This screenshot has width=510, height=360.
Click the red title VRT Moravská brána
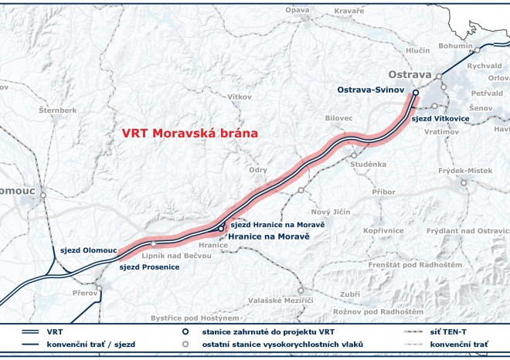189,133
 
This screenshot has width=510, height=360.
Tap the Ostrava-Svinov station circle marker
415,93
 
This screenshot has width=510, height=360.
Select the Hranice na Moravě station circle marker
221,229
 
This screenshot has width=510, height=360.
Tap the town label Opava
297,10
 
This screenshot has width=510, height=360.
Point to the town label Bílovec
339,117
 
